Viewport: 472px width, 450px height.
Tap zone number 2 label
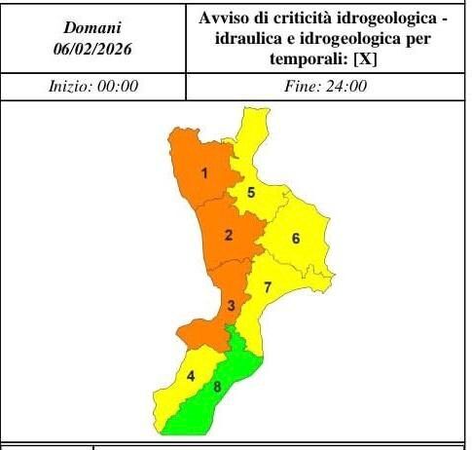pos(228,235)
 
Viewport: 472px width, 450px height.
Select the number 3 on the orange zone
pos(231,306)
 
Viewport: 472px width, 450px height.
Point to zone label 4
pos(192,376)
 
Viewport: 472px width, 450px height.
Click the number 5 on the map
pos(251,192)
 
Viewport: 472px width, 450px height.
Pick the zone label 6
pos(295,239)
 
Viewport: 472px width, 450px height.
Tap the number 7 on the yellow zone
pos(267,286)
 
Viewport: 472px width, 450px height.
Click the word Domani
pos(92,27)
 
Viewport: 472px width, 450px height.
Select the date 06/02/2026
pos(92,48)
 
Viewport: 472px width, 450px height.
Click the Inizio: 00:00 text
pos(93,86)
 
